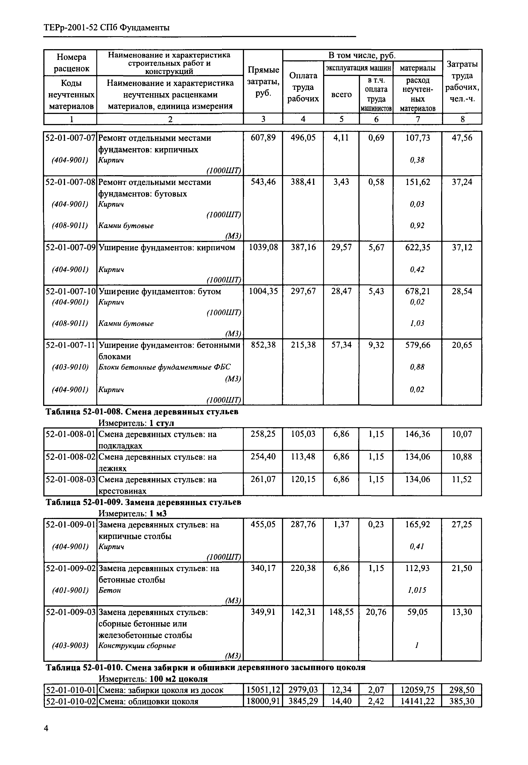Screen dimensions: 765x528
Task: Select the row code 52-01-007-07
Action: click(x=70, y=138)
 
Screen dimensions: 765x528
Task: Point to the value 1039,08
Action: click(x=263, y=247)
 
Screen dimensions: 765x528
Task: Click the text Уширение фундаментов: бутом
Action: click(x=160, y=291)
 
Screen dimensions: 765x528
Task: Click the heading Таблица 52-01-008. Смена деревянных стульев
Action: click(x=142, y=412)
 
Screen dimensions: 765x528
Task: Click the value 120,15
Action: click(x=303, y=479)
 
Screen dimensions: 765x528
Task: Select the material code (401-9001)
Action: click(x=70, y=590)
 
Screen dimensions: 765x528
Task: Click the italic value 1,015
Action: click(x=417, y=590)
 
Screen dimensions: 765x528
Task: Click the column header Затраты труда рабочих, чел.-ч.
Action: click(x=462, y=82)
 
